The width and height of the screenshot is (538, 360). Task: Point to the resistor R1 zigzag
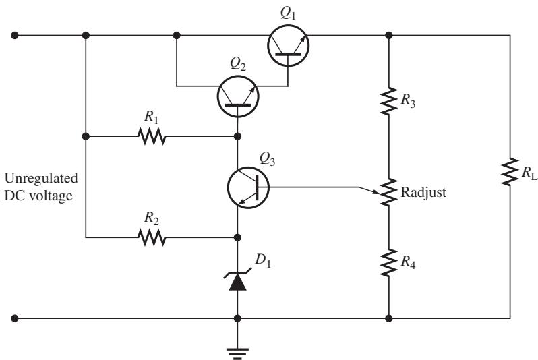tap(152, 136)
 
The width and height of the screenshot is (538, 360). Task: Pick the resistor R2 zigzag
tap(152, 237)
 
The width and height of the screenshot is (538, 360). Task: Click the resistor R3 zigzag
tap(389, 101)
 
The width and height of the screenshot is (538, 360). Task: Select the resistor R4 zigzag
tap(389, 263)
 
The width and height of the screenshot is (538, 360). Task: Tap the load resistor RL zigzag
tap(510, 172)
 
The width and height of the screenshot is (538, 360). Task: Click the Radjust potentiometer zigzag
tap(389, 192)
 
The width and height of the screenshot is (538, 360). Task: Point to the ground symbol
tap(237, 353)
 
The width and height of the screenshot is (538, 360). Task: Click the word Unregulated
tap(41, 179)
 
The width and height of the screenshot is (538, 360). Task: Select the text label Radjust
tap(423, 192)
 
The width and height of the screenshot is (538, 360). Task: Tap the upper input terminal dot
tap(14, 35)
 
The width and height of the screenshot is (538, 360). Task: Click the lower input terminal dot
tap(14, 318)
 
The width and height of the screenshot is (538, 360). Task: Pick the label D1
tap(263, 260)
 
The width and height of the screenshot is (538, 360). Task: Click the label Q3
tap(267, 159)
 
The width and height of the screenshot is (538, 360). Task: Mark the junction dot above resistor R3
tap(389, 35)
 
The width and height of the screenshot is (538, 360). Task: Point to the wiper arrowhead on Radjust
tap(377, 193)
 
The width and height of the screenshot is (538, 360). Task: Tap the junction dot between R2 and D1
tap(237, 237)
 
